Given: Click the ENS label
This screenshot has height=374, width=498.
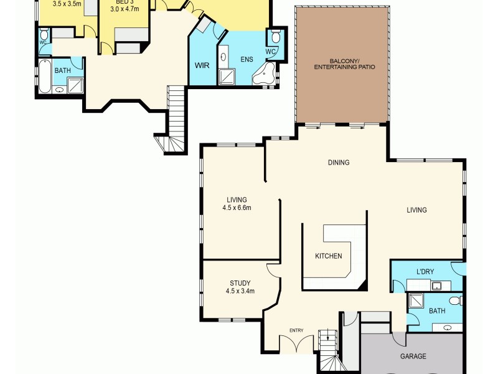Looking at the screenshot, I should click(247, 60).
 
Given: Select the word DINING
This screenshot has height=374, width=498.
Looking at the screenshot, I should click(339, 163).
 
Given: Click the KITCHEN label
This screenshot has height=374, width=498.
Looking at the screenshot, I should click(328, 256).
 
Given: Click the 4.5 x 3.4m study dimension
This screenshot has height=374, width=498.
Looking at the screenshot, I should click(240, 291).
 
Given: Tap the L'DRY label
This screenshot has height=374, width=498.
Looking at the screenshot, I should click(428, 272).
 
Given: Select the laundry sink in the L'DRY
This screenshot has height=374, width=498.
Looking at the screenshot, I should click(438, 286).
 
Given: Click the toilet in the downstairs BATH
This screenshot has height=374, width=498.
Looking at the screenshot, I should click(455, 301).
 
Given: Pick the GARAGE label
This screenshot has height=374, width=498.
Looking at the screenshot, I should click(413, 357).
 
